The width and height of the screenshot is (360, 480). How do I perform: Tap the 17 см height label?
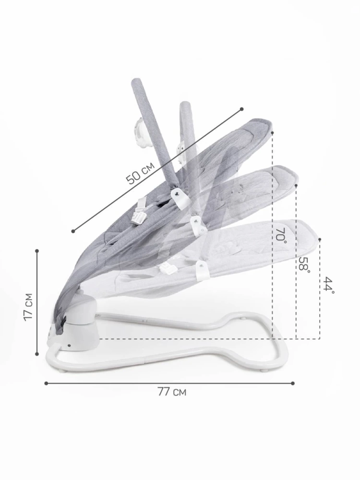click(28, 307)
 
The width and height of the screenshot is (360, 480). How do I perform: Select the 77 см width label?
click(172, 392)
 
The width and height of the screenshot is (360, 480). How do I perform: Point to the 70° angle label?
click(281, 235)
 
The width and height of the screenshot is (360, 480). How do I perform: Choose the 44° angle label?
click(328, 285)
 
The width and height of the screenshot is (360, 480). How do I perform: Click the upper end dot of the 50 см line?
click(241, 109)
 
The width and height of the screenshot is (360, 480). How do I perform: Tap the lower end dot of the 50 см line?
click(73, 231)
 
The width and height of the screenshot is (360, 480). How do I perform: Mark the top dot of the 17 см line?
click(37, 251)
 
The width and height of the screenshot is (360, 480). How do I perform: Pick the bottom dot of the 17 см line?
click(37, 354)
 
